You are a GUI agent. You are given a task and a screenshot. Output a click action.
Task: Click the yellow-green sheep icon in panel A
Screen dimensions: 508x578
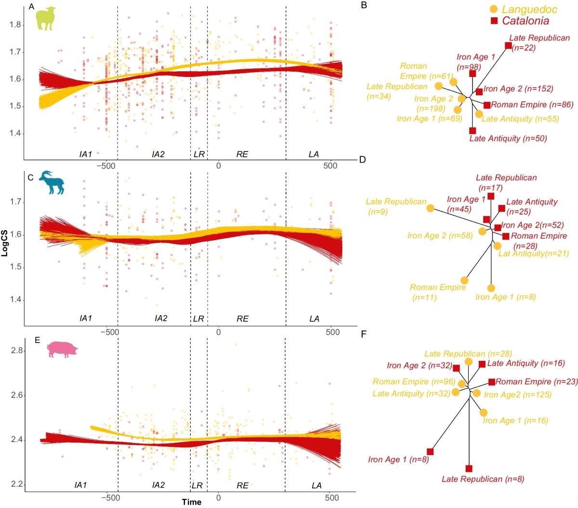46,19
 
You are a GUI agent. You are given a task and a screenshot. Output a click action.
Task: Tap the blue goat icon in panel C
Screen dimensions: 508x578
52,183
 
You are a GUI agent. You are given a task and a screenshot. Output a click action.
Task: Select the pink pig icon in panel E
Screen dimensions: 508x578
62,349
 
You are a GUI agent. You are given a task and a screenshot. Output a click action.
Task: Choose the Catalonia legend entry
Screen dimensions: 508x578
520,21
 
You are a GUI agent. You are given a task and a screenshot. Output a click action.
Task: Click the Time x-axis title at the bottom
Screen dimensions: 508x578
191,502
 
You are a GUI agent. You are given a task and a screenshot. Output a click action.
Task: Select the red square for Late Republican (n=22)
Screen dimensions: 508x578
508,46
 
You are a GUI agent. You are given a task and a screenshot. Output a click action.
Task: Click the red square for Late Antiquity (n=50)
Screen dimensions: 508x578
473,130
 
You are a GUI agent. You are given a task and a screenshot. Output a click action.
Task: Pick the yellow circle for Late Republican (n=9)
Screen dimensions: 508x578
430,208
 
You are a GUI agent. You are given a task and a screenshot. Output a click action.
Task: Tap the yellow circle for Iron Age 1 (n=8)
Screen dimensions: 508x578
491,288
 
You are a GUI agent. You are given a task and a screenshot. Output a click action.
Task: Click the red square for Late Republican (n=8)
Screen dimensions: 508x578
469,469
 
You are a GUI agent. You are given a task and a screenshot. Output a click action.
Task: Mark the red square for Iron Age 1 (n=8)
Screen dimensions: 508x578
430,452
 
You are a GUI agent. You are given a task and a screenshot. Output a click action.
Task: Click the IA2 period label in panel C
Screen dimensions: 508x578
161,318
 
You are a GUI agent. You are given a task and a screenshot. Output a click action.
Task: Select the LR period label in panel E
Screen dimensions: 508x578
197,485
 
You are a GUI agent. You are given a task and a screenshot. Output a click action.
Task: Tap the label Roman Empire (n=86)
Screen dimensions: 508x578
532,104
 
